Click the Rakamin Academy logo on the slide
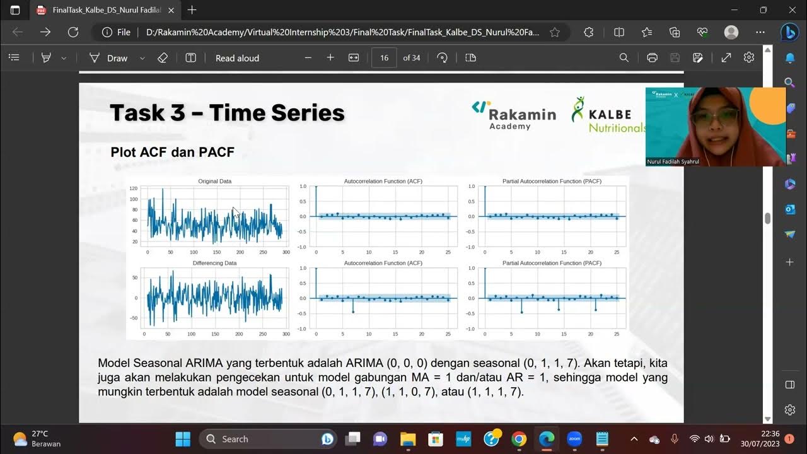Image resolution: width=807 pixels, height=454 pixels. click(x=514, y=113)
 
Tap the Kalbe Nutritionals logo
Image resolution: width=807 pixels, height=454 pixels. click(x=608, y=115)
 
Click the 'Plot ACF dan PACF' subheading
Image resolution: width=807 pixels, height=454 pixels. click(x=172, y=152)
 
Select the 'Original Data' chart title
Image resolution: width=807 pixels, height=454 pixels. click(x=214, y=182)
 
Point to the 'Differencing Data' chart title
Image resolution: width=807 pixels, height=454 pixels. click(x=214, y=263)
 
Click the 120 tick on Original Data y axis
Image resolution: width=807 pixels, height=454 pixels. click(x=133, y=189)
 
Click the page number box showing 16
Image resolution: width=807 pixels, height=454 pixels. click(x=384, y=58)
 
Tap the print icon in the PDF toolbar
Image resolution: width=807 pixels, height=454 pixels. click(x=652, y=58)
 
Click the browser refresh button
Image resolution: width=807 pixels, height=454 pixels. click(x=73, y=32)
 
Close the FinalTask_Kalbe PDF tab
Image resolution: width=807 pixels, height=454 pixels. click(x=171, y=10)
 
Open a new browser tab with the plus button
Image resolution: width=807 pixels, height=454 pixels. click(x=192, y=10)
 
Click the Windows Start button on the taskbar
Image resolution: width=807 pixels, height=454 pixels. click(x=183, y=439)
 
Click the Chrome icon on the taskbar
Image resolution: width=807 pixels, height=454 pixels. click(x=518, y=439)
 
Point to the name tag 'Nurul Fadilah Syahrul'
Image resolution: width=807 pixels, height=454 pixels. click(x=672, y=162)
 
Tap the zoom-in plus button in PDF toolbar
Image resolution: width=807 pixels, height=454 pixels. click(x=330, y=58)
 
